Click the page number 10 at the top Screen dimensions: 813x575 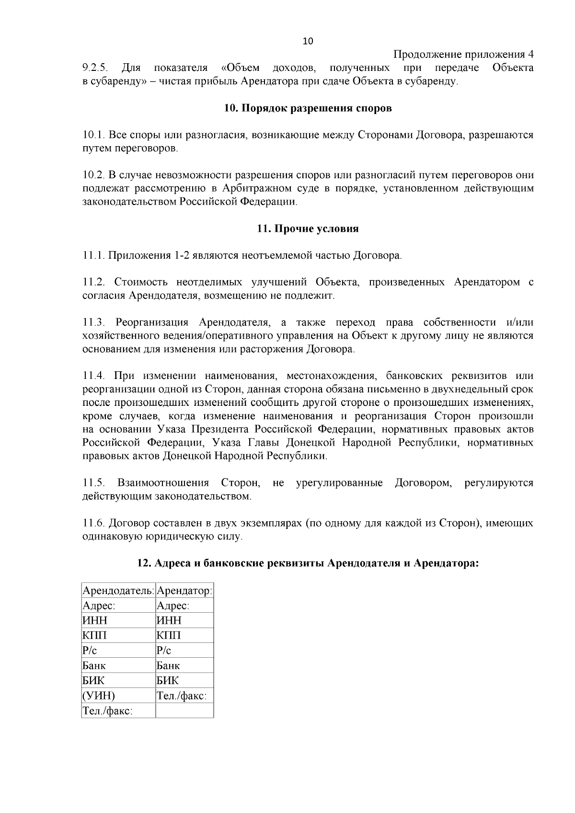click(x=308, y=41)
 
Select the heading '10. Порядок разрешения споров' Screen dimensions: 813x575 click(x=308, y=108)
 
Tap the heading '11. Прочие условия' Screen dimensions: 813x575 click(x=308, y=229)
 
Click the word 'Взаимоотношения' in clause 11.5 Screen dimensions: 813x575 click(x=163, y=482)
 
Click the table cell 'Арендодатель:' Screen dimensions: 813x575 click(x=118, y=591)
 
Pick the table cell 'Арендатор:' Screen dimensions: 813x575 click(x=184, y=591)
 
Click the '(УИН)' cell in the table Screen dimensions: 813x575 click(x=99, y=695)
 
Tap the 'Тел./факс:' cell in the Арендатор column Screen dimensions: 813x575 click(x=182, y=695)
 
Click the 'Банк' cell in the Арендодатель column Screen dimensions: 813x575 click(x=94, y=665)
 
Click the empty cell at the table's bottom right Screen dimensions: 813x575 click(x=184, y=710)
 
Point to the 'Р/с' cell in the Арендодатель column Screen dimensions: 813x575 click(x=90, y=651)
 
